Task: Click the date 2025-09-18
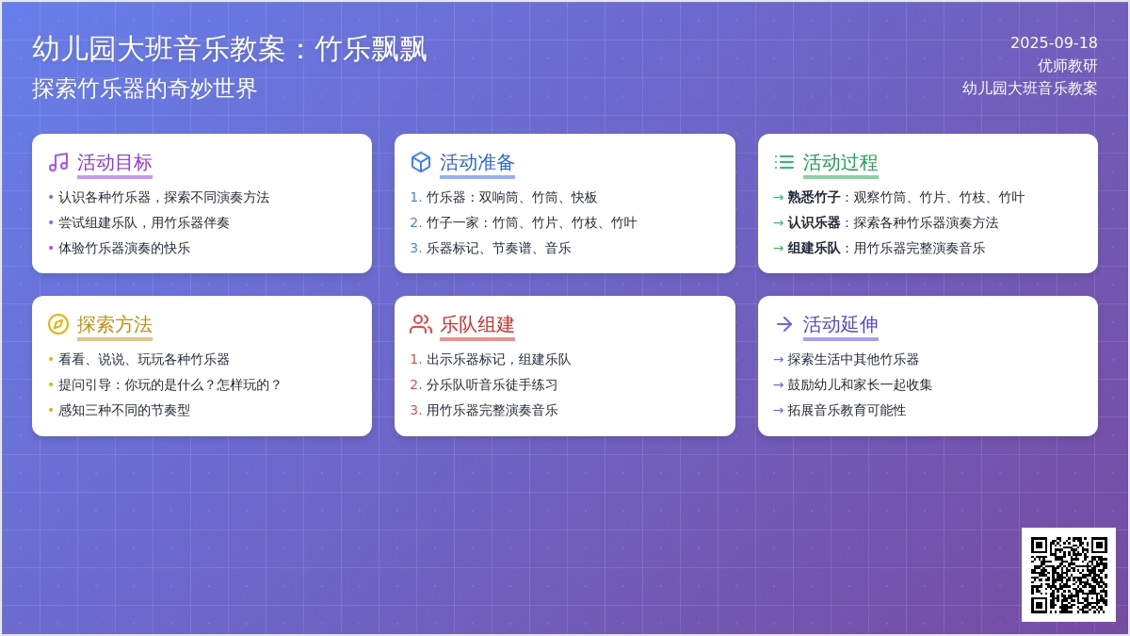tap(1054, 43)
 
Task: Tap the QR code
tap(1069, 575)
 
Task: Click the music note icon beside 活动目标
tap(58, 162)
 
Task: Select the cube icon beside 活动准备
tap(421, 162)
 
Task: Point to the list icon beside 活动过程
tap(783, 162)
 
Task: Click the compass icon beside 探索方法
tap(58, 324)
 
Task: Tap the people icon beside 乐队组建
tap(421, 324)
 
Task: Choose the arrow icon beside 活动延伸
tap(783, 324)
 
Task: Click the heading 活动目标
tap(115, 162)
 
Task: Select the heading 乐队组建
tap(477, 324)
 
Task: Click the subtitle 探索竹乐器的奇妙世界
tap(145, 89)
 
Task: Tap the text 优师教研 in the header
tap(1067, 66)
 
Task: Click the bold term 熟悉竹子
tap(814, 197)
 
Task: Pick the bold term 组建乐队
tap(814, 249)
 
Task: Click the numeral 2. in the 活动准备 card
tap(415, 222)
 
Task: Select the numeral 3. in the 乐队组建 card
tap(415, 410)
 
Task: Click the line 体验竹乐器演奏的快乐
tap(124, 249)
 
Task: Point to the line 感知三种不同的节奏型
tap(124, 411)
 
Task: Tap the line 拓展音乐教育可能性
tap(847, 411)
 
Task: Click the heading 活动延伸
tap(840, 324)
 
